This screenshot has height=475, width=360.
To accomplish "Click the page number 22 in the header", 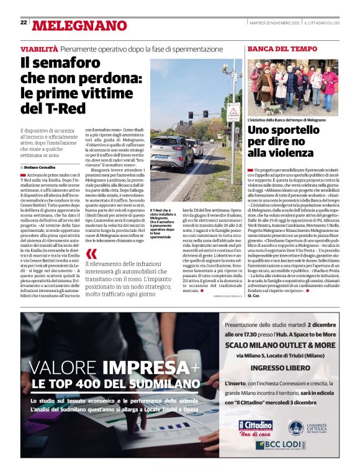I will pos(24,22).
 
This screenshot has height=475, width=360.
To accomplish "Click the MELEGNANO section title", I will pos(79,25).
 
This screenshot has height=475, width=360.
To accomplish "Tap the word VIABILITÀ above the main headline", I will pos(40,48).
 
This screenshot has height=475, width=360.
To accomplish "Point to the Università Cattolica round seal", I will pos(295,427).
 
